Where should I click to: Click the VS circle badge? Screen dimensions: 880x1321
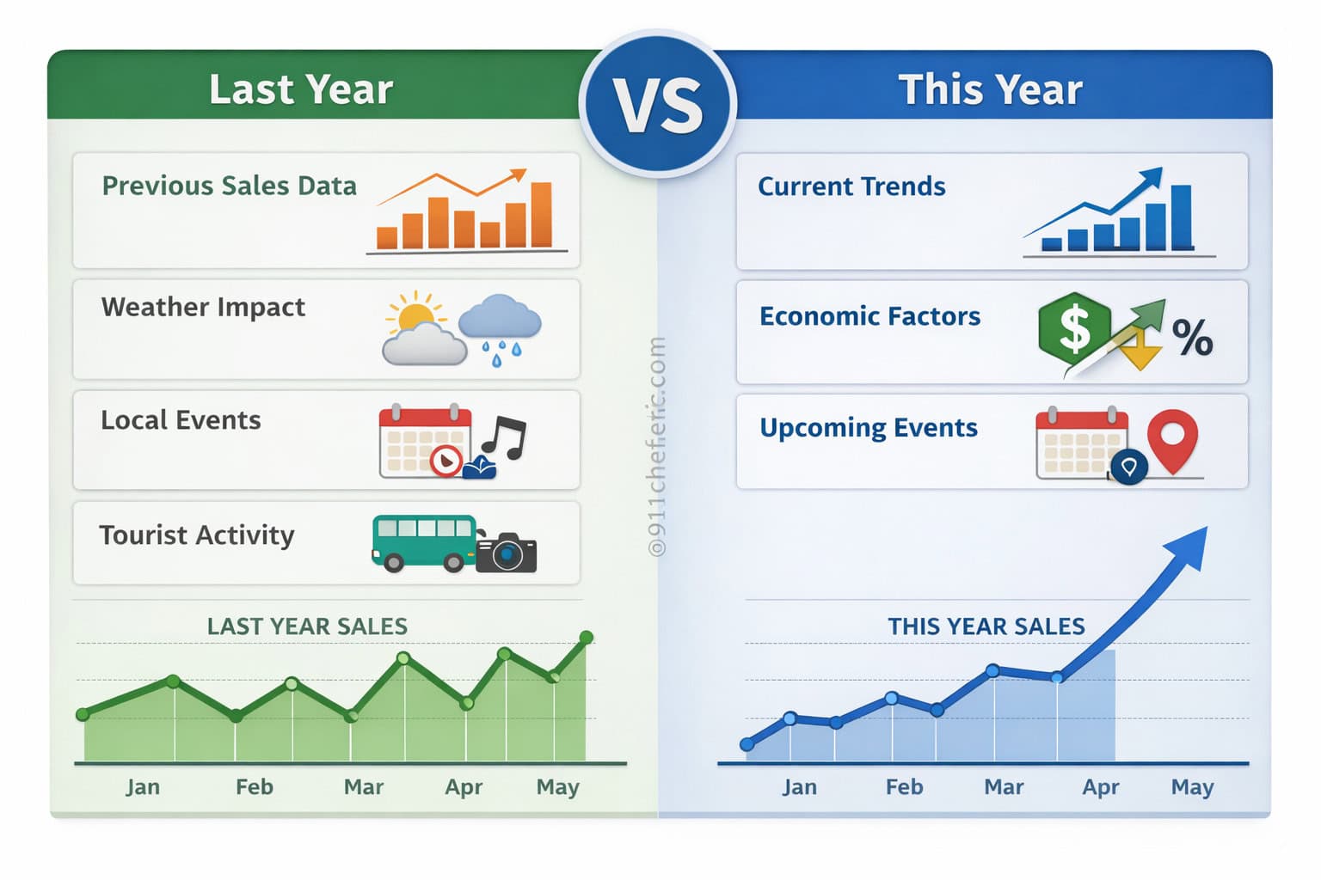pos(658,104)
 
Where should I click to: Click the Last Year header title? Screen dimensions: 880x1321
pos(301,89)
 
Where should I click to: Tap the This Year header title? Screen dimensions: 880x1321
pos(990,89)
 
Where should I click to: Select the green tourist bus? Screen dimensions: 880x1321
pos(423,541)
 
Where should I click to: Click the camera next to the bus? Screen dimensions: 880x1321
pos(507,553)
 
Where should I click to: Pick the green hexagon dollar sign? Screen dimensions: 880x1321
pos(1073,328)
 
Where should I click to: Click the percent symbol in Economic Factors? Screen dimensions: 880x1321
pos(1192,337)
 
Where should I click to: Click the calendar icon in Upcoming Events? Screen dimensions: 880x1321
pos(1080,443)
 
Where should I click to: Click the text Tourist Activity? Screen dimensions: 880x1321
pos(197,535)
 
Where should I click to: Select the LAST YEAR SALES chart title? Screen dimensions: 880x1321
pos(307,626)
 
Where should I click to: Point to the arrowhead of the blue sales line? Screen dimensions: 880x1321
pos(1189,546)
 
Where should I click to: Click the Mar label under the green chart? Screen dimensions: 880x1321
pos(363,787)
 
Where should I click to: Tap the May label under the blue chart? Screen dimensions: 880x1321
pos(1192,787)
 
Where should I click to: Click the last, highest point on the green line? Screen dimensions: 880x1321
pos(587,638)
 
